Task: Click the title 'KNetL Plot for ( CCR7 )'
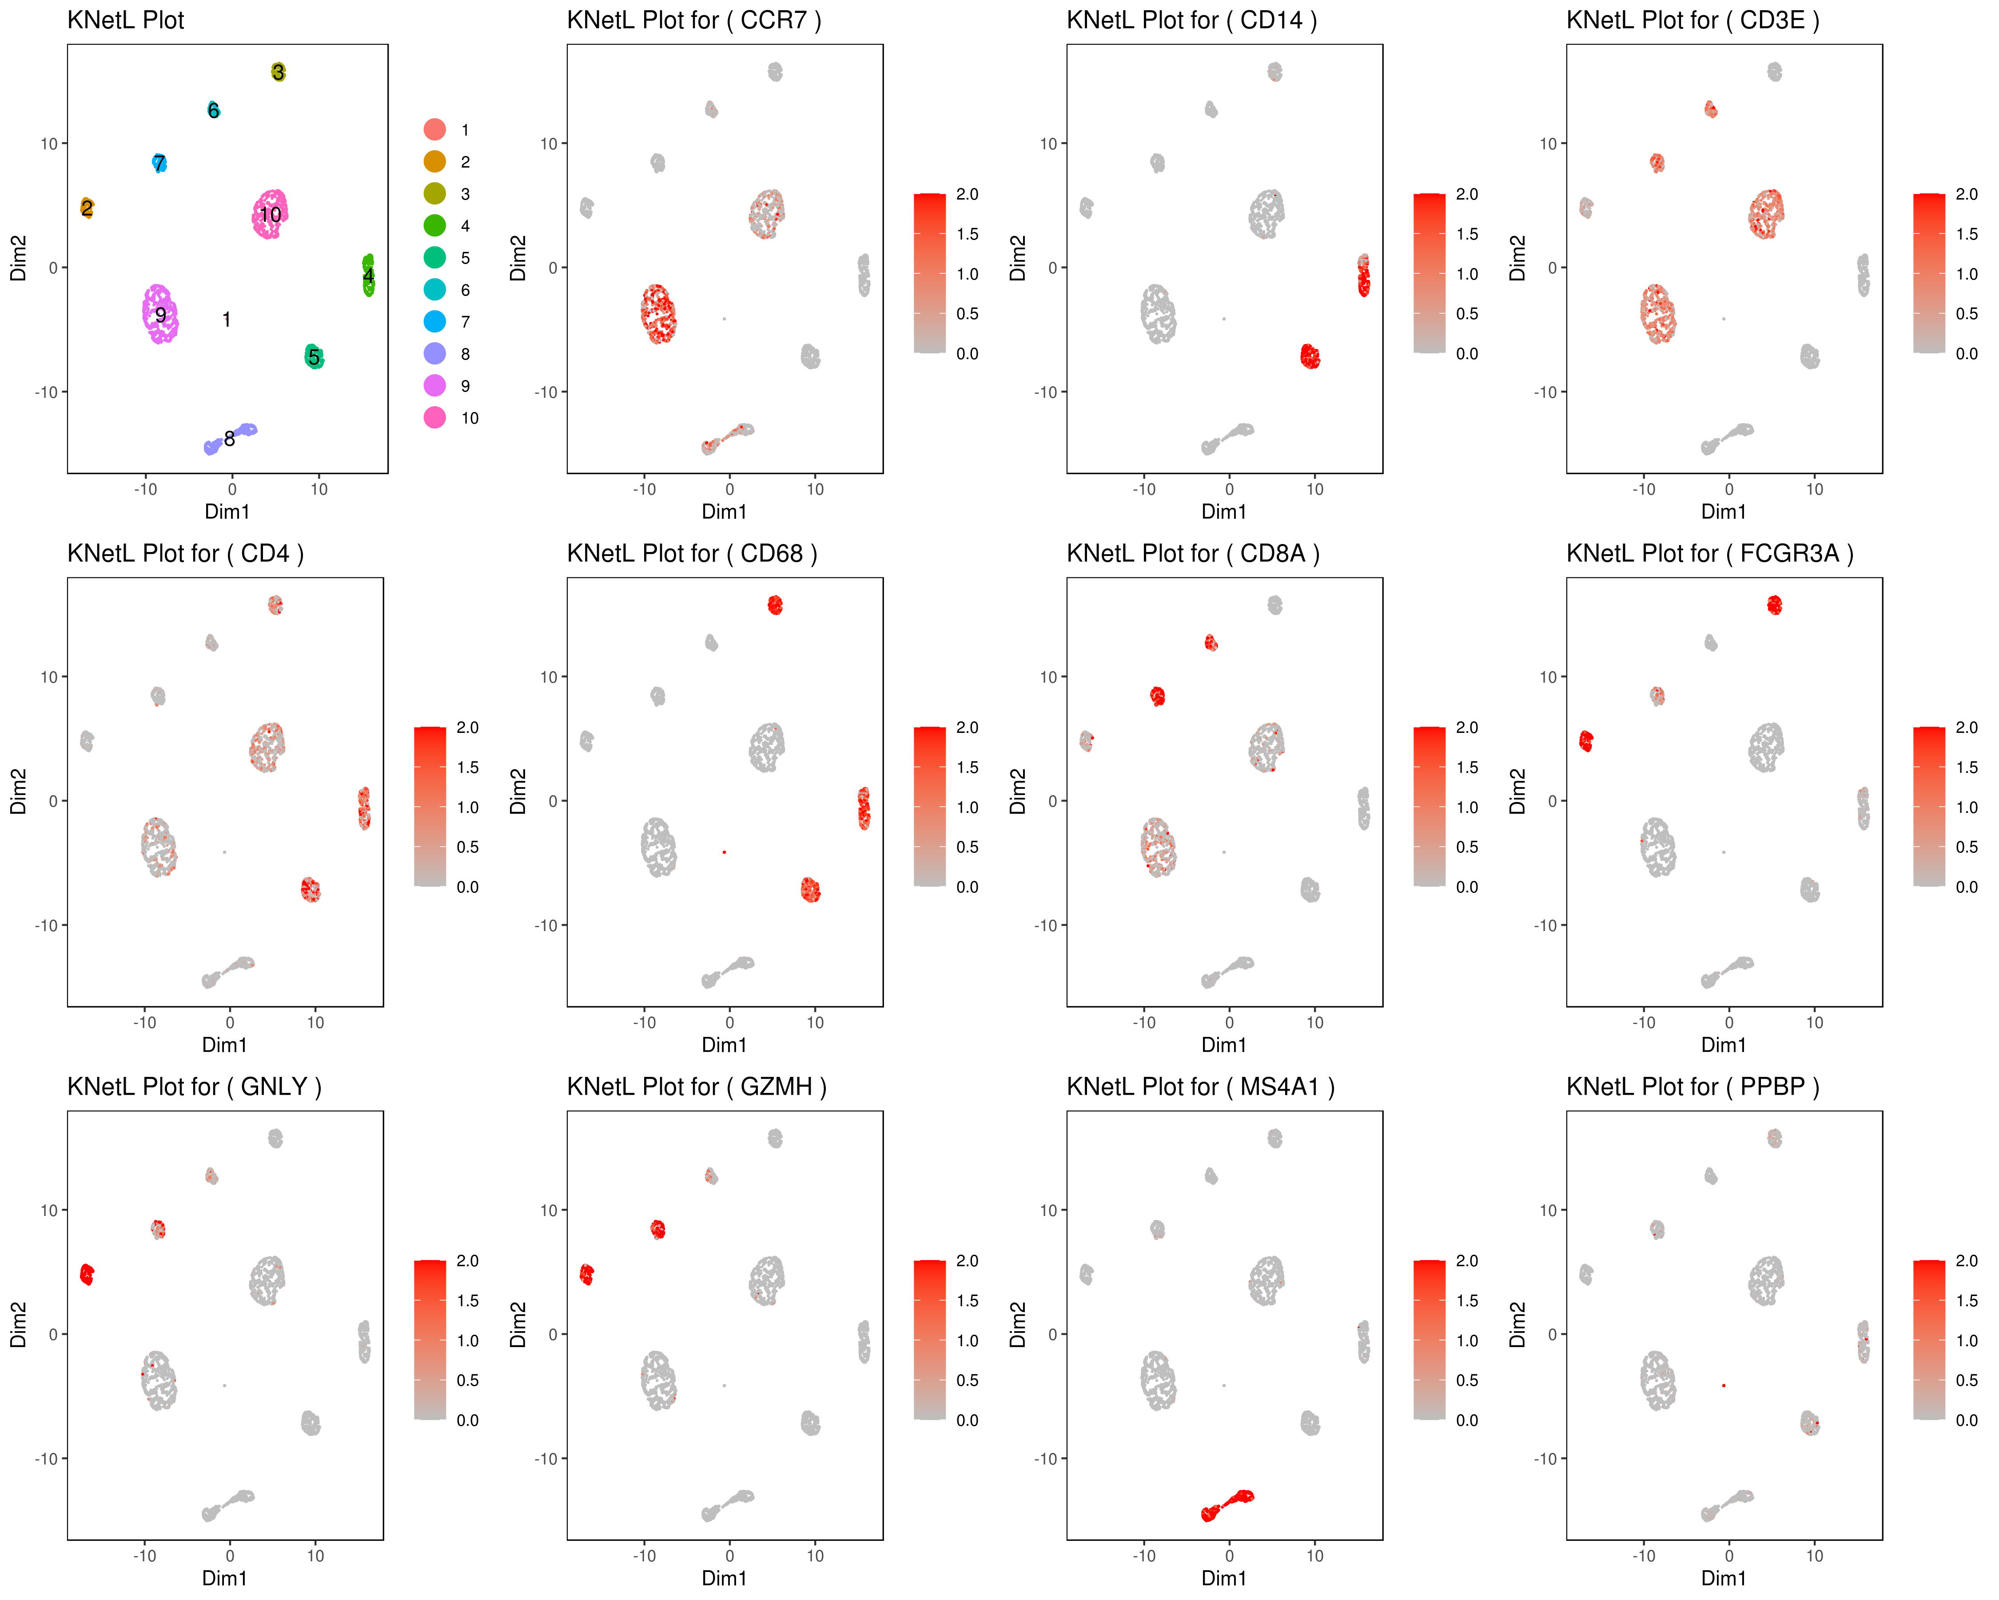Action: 693,20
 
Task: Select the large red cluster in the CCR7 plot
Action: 658,313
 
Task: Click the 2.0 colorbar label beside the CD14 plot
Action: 1467,194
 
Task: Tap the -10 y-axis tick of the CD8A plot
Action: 1047,925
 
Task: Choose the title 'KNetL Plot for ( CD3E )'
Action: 1692,20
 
